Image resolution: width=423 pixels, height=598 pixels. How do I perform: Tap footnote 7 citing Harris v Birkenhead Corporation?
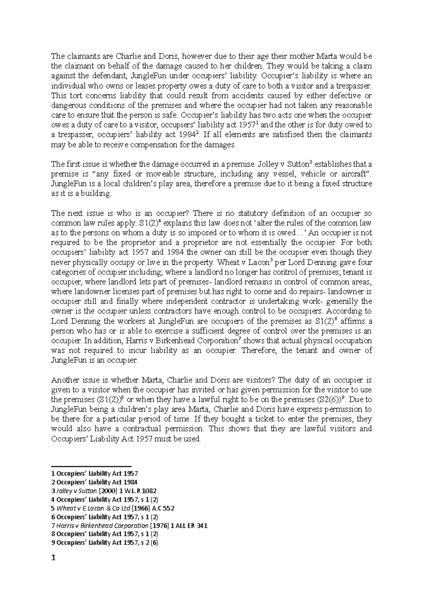129,525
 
